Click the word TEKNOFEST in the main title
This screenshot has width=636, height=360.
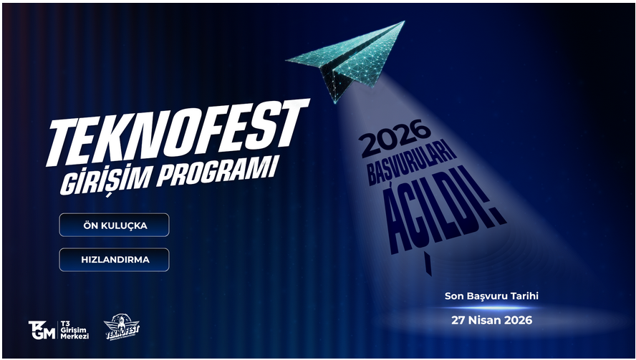click(178, 132)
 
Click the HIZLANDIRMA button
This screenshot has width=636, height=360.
click(115, 260)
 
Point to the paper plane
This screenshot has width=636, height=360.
click(345, 61)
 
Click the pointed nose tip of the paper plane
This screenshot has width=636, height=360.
click(403, 21)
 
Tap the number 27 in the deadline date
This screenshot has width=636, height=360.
click(458, 320)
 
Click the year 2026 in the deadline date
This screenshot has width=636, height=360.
click(519, 320)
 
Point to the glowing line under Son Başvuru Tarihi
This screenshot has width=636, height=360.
click(491, 308)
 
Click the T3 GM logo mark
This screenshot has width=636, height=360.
click(42, 330)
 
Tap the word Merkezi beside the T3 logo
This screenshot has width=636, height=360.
click(74, 336)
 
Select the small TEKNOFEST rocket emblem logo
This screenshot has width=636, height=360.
click(121, 327)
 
